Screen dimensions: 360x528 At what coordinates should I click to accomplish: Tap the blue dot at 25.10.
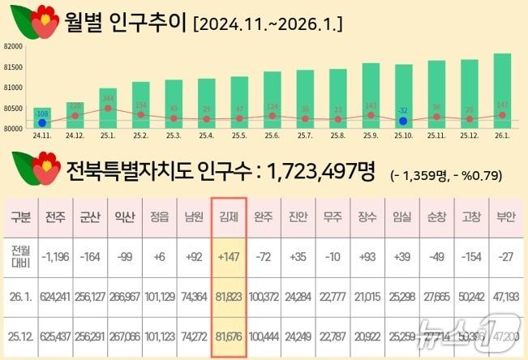[x=403, y=121]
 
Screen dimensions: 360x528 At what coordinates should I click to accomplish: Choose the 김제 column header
[x=228, y=216]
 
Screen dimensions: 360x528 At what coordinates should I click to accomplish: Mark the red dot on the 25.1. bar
[x=107, y=108]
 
